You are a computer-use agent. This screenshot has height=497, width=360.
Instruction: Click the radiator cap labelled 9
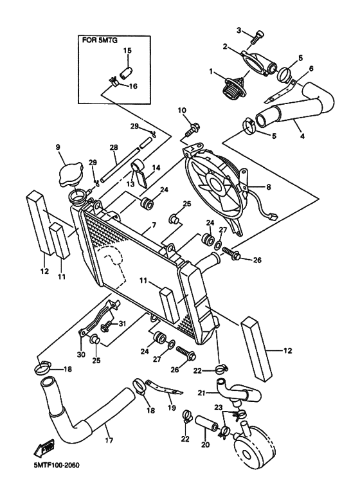[71, 173]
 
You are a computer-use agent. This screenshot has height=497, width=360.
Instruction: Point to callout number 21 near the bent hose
[201, 393]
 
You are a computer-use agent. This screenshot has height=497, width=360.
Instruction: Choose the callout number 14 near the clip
[154, 167]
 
